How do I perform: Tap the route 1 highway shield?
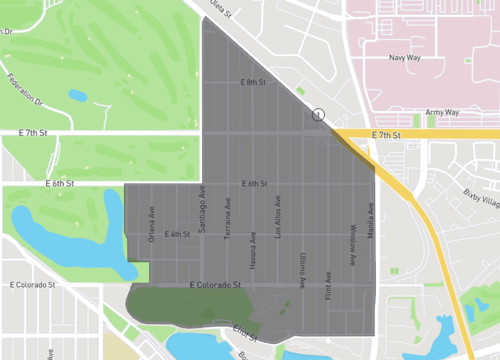[318, 116]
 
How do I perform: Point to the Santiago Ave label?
[202, 209]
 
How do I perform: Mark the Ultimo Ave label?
[302, 270]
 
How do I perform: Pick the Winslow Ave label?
[352, 246]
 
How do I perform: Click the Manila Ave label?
[371, 221]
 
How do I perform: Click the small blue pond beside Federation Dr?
[77, 97]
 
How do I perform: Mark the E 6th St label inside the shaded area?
[255, 184]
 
